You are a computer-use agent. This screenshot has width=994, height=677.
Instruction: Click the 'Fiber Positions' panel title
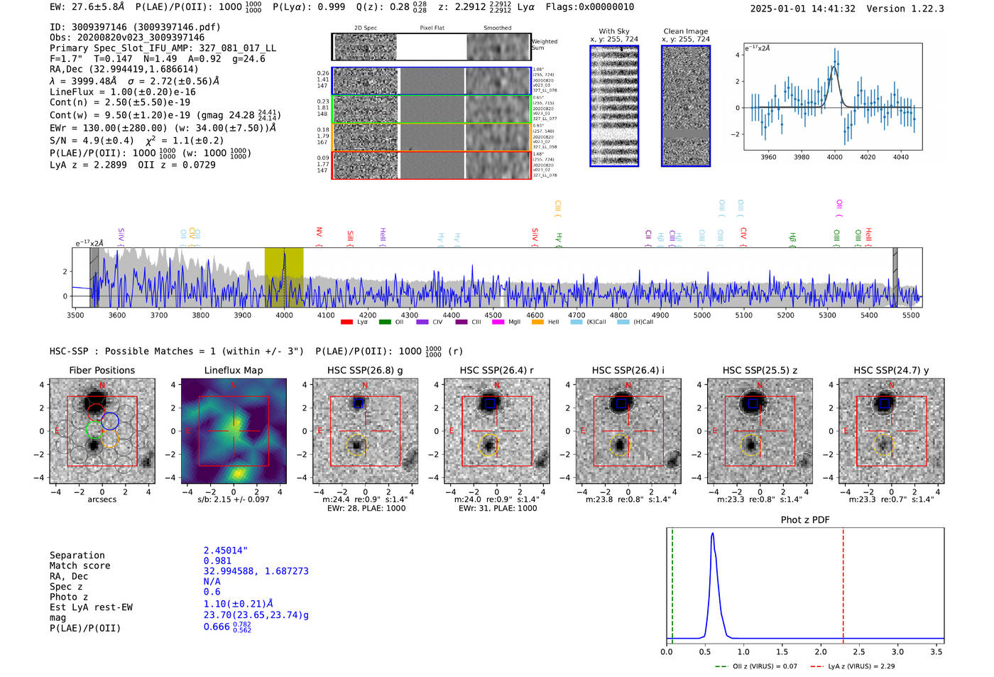click(x=102, y=370)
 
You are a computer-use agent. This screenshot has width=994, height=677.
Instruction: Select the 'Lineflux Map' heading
click(x=234, y=370)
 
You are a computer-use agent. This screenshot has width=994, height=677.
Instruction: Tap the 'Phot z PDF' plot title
click(x=805, y=520)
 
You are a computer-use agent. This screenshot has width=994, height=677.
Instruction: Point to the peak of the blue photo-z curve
click(x=712, y=534)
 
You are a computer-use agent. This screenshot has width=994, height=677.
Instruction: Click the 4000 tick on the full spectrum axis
click(x=284, y=315)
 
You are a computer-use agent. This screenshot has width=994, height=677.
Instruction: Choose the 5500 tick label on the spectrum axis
click(x=911, y=315)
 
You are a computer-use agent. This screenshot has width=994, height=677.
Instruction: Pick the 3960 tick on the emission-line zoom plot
click(x=768, y=157)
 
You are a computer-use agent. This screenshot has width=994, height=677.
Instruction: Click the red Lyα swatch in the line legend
click(x=346, y=323)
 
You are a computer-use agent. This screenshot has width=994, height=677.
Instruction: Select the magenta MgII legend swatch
click(x=498, y=323)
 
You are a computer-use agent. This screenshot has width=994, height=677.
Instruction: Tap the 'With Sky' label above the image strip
click(x=614, y=31)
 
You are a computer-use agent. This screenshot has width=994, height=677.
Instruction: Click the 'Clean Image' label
click(x=685, y=31)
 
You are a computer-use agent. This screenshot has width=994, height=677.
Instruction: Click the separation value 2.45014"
click(x=226, y=551)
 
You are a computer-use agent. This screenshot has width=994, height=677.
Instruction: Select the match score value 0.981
click(x=217, y=561)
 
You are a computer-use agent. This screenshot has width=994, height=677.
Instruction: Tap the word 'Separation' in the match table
click(x=77, y=556)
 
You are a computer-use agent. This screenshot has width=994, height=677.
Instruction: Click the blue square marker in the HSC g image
click(x=358, y=403)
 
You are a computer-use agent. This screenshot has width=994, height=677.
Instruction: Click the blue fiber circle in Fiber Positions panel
click(x=109, y=421)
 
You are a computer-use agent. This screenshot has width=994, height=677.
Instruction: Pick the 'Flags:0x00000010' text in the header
click(x=590, y=7)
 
